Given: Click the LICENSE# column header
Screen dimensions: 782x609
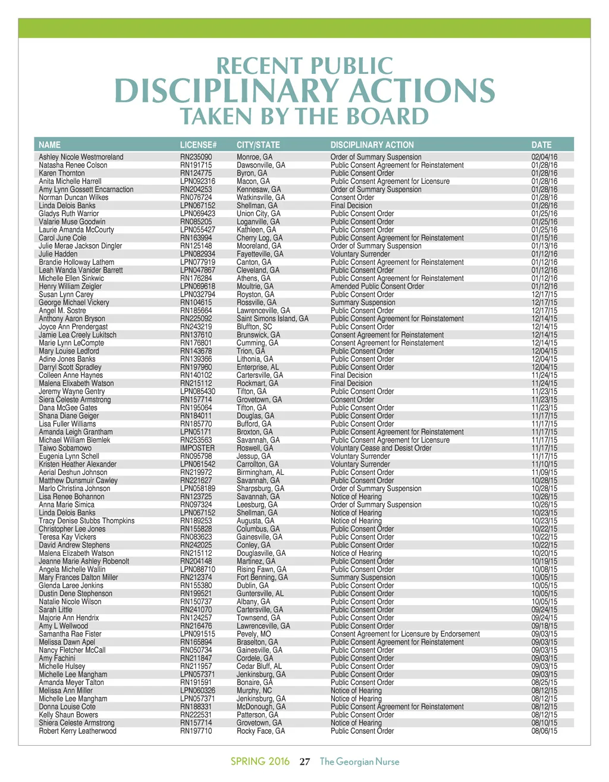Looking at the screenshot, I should coord(198,145).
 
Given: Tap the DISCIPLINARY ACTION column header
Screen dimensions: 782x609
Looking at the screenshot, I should coord(372,145).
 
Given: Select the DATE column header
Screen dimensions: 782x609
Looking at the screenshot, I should coord(541,145).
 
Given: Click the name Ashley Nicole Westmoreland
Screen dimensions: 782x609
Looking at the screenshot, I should coord(81,157).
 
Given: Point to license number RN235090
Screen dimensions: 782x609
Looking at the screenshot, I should coord(196,157).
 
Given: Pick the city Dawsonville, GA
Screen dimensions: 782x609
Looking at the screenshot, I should coord(260,165).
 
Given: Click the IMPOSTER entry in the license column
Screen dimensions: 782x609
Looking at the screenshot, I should coord(197,448).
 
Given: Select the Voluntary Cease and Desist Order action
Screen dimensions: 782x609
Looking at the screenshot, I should coord(381,448).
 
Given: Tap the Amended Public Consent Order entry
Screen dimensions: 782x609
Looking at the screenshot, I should coord(377,286).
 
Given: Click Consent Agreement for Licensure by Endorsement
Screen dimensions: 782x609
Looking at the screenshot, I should coord(405,634).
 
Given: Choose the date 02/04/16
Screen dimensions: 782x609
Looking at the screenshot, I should coord(544,157).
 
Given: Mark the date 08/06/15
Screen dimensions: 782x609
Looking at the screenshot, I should coord(544,731).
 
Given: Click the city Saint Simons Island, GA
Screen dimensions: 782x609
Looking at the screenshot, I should coord(272,319).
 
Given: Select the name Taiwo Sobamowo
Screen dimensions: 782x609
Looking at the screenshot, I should coord(65,448).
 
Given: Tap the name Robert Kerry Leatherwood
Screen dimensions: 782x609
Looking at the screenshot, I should coord(77,731).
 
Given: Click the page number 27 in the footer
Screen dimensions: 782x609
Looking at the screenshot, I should coord(305,762).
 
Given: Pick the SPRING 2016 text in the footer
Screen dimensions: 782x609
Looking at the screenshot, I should coord(260,762).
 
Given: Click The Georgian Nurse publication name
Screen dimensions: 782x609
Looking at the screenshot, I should coord(359,762).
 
